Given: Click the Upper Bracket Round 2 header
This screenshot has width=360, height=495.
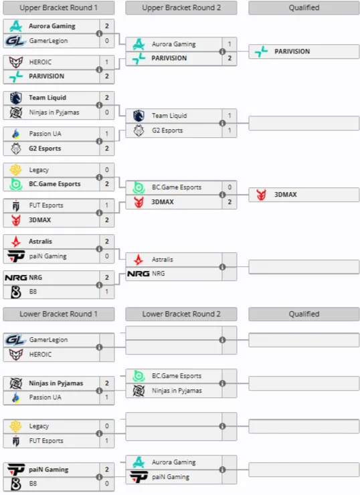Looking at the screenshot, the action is coord(181,8).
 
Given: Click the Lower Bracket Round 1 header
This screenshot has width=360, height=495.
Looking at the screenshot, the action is coord(59,314).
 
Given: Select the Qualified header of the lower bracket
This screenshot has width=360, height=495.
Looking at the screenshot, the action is coord(304,314).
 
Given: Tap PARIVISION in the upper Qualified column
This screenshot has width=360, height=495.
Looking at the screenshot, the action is coord(292,52).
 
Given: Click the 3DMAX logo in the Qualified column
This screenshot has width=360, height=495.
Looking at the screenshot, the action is coord(261,195).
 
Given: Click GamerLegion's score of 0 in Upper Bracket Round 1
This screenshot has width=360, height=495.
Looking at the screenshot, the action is coord(107,41).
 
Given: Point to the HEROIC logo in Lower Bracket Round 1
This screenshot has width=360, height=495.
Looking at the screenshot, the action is coord(16,355).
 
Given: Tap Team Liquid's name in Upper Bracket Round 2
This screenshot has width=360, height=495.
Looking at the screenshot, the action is coord(169,116).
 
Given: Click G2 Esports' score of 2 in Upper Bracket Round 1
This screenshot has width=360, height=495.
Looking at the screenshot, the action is coord(107,148).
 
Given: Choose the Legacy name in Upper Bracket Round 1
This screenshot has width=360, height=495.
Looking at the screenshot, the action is coord(39,170).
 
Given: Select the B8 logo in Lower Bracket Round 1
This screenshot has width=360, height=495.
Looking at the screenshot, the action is coord(16,484).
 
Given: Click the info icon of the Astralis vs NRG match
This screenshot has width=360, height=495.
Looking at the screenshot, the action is coord(222,267).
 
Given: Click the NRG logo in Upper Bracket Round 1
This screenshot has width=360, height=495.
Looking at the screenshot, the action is coord(16,278).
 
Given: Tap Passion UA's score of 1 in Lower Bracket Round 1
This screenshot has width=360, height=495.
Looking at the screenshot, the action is coord(107,397).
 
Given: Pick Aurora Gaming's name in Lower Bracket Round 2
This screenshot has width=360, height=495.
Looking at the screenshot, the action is coord(174,462).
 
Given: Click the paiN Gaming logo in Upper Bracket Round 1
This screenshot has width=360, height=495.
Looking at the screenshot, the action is coord(16,256).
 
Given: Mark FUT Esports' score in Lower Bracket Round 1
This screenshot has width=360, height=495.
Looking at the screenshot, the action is coord(107,441).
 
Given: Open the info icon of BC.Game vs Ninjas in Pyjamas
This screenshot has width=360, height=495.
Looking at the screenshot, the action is coord(222,383).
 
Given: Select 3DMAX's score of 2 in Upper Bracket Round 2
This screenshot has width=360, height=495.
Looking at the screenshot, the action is coord(230,202).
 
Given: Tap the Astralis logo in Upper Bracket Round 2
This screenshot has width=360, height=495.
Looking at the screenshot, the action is coord(139,260).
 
